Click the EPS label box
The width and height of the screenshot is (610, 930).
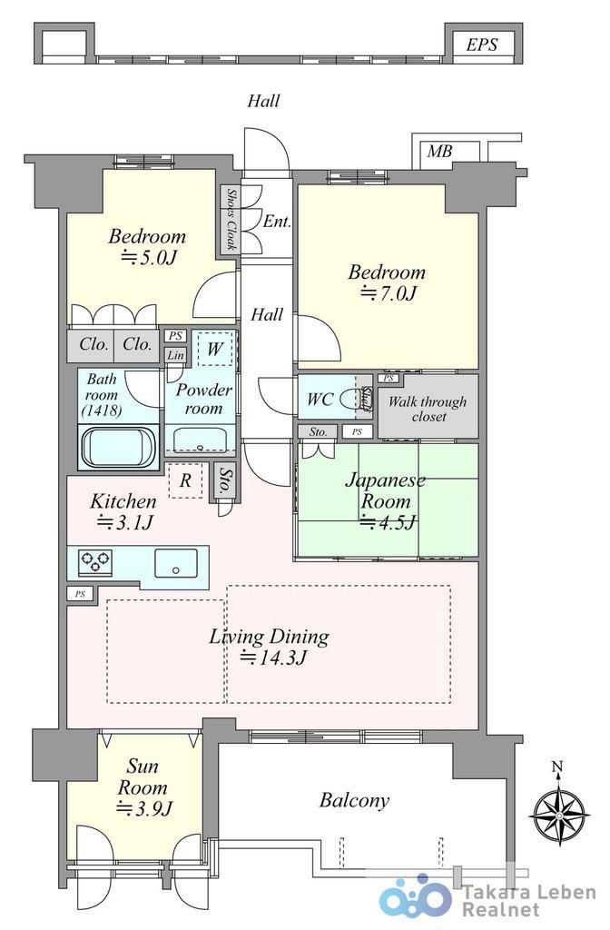point(481,44)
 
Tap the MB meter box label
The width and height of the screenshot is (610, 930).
point(439,152)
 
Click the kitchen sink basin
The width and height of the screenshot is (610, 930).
point(176,563)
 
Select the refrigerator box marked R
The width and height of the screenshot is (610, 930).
point(185,480)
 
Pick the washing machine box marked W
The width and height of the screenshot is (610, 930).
point(214,348)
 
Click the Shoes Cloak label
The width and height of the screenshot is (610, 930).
point(231,218)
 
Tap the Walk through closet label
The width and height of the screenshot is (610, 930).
point(428,409)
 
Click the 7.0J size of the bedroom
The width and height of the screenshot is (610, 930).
point(389,293)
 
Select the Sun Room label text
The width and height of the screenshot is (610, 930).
point(143,777)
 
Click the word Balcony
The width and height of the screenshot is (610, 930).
point(355,801)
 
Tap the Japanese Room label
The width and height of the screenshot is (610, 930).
point(385,490)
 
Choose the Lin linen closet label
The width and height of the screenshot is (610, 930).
point(175,355)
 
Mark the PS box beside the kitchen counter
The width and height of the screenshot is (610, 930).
point(80,594)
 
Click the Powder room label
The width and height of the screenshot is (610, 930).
point(203,400)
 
